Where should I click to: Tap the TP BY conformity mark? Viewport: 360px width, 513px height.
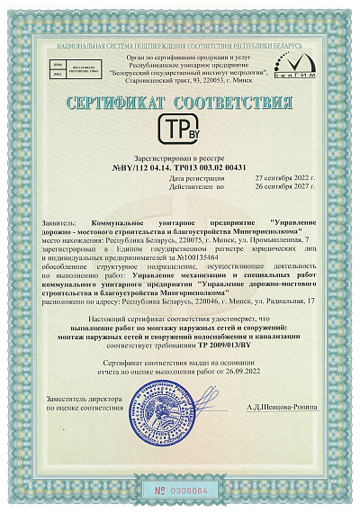(180, 129)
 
